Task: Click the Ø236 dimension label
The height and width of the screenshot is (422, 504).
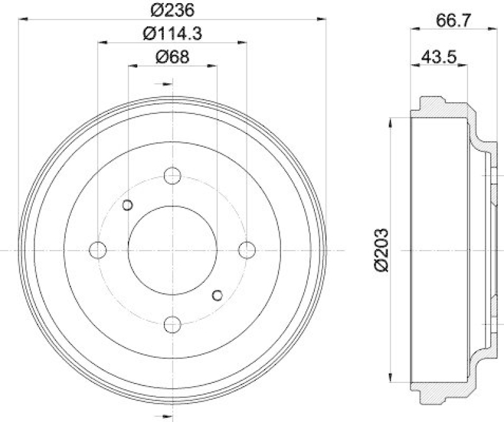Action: click(x=171, y=9)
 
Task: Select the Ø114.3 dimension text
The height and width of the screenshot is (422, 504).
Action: click(x=171, y=33)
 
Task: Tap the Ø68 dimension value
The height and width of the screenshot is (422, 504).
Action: click(x=171, y=57)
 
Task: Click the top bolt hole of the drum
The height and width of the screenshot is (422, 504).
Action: click(x=172, y=175)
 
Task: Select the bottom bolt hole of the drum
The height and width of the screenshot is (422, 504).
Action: click(x=172, y=324)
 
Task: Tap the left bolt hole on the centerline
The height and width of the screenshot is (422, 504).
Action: click(x=98, y=250)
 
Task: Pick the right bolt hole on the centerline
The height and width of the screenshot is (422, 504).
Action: click(x=247, y=250)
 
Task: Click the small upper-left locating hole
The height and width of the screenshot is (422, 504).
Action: click(x=127, y=205)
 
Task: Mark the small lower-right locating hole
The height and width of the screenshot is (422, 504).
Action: click(x=217, y=295)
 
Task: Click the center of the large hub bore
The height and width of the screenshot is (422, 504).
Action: click(x=172, y=250)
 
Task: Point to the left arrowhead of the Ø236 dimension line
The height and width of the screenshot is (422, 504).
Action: click(x=23, y=20)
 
